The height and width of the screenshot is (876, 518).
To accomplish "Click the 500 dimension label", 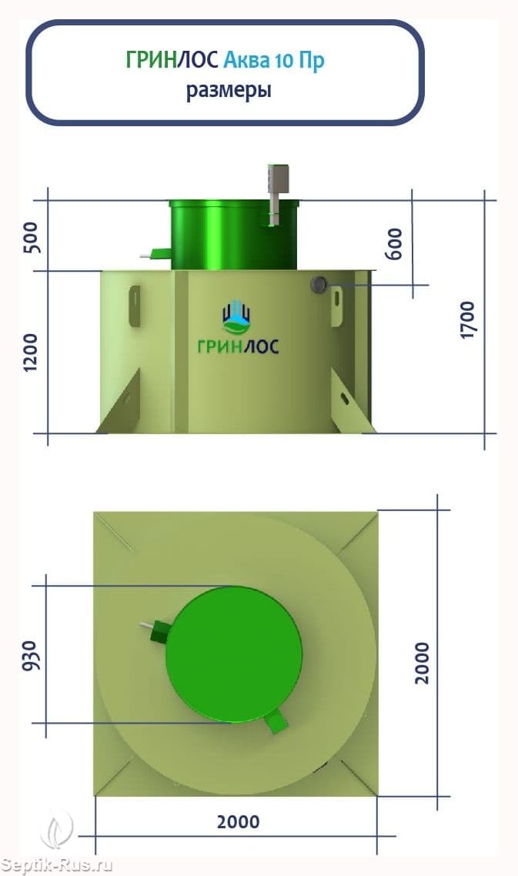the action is click(32, 237).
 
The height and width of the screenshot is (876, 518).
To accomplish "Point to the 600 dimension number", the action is click(394, 243).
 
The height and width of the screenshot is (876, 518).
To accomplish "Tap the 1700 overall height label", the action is click(467, 319).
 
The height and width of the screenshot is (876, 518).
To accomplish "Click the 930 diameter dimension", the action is click(32, 656).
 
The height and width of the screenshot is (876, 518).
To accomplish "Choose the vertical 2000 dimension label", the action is click(423, 663).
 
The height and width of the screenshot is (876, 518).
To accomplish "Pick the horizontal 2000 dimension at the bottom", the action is click(238, 822).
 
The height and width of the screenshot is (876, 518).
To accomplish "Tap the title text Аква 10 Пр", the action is click(274, 60).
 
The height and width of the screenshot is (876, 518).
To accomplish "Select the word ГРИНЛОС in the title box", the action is click(172, 60).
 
